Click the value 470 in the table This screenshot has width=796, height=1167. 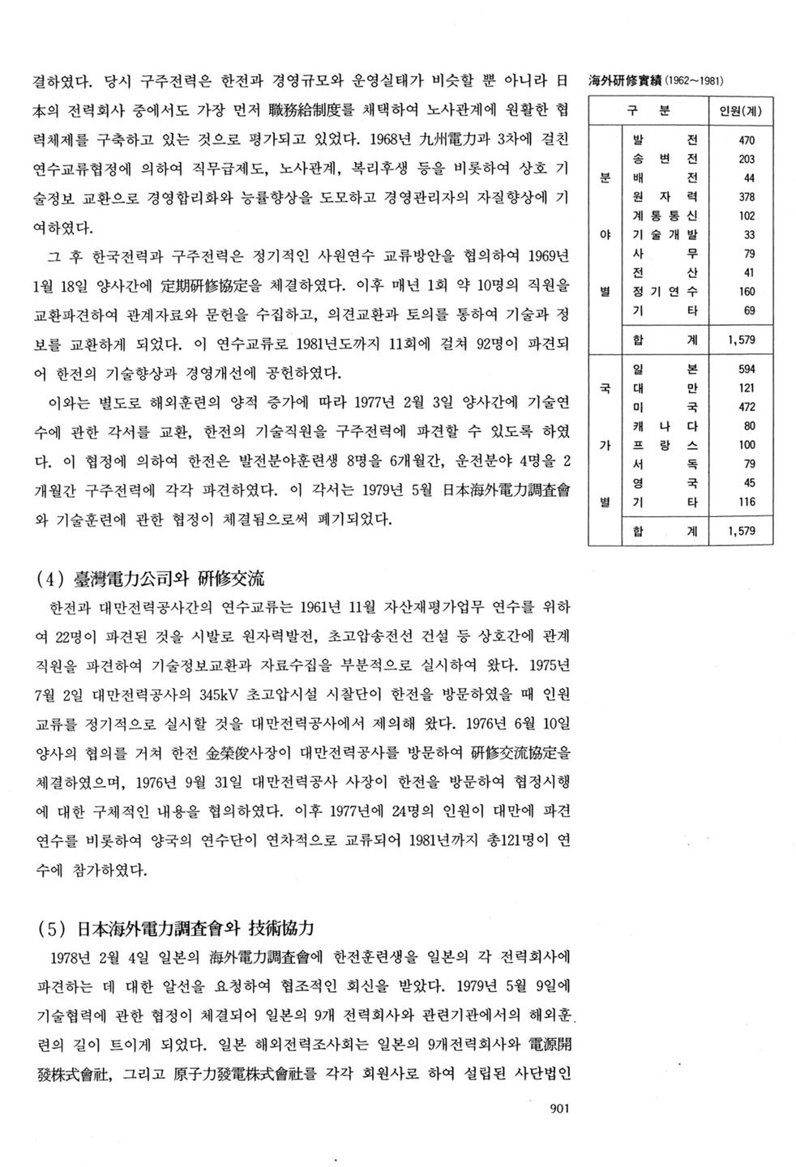pyautogui.click(x=747, y=139)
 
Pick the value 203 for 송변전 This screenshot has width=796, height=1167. pyautogui.click(x=747, y=159)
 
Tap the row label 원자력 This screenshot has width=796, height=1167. pyautogui.click(x=664, y=197)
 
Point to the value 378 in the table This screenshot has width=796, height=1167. pyautogui.click(x=747, y=197)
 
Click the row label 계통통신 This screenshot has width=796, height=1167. pyautogui.click(x=664, y=216)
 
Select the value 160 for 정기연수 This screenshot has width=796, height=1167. pyautogui.click(x=747, y=292)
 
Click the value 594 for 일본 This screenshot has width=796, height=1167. pyautogui.click(x=747, y=369)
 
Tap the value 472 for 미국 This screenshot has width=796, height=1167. pyautogui.click(x=747, y=407)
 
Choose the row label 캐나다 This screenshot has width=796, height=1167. pyautogui.click(x=664, y=426)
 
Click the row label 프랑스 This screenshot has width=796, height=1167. pyautogui.click(x=664, y=445)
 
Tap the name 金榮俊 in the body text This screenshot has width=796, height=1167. pyautogui.click(x=229, y=752)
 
